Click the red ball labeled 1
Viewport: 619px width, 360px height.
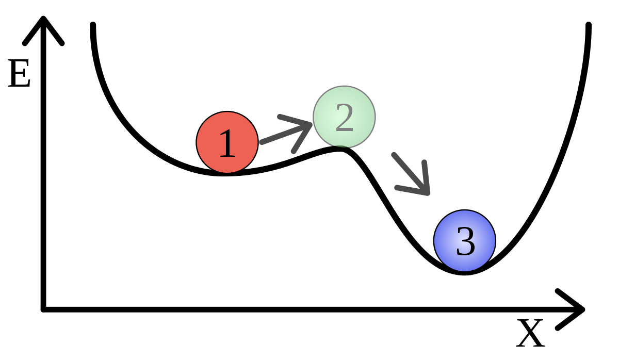[x=227, y=142]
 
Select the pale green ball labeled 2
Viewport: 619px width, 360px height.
[x=344, y=117]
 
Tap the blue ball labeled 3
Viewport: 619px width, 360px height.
[x=465, y=241]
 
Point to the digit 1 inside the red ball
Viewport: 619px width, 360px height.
[x=227, y=143]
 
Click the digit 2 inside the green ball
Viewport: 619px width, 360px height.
[x=345, y=118]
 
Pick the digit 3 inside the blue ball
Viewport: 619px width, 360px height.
[x=466, y=241]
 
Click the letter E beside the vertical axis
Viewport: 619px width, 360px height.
[x=19, y=73]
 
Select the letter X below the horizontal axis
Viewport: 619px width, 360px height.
[x=530, y=333]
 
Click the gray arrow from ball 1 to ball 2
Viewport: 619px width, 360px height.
[x=286, y=134]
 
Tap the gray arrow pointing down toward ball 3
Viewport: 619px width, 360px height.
[x=411, y=174]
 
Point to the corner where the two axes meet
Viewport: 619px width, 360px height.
[x=43, y=309]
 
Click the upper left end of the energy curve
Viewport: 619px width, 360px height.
[x=93, y=25]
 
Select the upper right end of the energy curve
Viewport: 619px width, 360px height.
[x=589, y=25]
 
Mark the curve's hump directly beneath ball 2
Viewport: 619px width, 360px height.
[x=340, y=149]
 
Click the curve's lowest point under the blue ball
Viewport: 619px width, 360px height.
[x=465, y=272]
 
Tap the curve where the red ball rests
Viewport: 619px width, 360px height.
[x=226, y=173]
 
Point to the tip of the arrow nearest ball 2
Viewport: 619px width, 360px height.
[x=312, y=124]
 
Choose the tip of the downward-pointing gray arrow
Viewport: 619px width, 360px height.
[x=428, y=194]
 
